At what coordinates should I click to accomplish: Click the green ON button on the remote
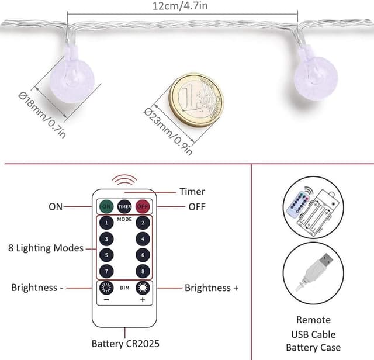106,206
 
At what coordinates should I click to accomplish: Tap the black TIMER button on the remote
124,206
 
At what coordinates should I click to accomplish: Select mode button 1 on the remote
106,223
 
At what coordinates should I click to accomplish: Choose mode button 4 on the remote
141,239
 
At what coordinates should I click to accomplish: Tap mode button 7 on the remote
106,271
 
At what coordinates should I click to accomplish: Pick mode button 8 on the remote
141,271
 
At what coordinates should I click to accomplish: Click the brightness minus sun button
106,288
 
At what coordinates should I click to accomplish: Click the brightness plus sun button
141,288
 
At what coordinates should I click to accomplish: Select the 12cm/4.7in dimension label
182,6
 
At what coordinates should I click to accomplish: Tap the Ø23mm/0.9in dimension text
167,132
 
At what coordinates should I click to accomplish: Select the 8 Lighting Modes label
46,248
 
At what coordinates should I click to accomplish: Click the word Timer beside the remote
192,191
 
